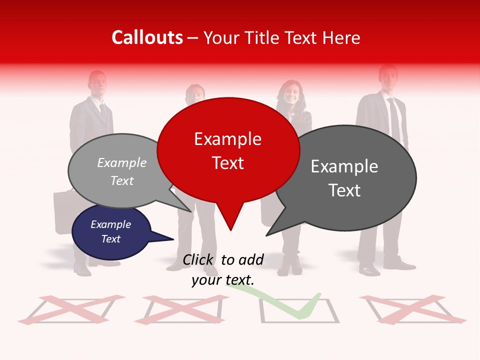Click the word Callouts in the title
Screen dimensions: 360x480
(147, 37)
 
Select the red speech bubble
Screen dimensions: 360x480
(228, 150)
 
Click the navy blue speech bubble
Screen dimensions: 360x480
(110, 232)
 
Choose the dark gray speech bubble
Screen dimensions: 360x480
(345, 178)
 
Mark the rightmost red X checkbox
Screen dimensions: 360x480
(412, 309)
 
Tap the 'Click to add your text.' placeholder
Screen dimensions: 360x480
(223, 269)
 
